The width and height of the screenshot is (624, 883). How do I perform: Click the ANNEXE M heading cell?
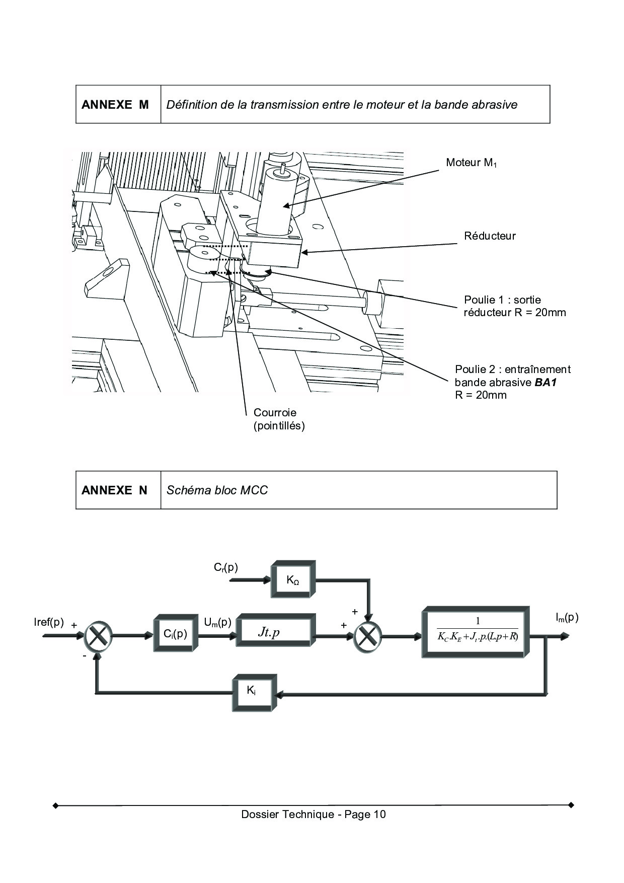point(118,104)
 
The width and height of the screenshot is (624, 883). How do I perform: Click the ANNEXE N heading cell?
point(118,490)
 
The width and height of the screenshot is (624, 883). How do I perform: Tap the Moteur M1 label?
point(472,163)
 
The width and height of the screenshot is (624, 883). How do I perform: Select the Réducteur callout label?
point(490,236)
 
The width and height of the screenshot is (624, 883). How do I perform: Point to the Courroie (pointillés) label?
point(279,419)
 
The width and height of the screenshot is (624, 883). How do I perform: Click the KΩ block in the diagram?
point(293,579)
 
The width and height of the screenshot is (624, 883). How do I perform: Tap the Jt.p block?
point(276,633)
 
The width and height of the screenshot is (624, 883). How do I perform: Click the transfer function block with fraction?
point(476,632)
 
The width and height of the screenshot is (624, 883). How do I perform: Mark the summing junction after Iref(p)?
point(98,636)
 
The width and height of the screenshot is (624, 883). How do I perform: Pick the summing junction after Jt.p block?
point(368,636)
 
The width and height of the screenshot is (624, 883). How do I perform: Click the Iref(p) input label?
point(49,622)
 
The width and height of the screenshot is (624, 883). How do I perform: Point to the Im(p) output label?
point(567,618)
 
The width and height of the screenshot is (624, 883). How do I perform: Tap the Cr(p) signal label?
point(226,568)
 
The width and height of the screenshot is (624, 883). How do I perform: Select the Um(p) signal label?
point(217,623)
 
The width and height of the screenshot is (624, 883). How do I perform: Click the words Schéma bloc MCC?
point(217,490)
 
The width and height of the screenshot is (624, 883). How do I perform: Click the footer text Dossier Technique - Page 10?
point(314,815)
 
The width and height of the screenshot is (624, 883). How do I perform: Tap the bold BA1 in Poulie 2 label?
point(545,382)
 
